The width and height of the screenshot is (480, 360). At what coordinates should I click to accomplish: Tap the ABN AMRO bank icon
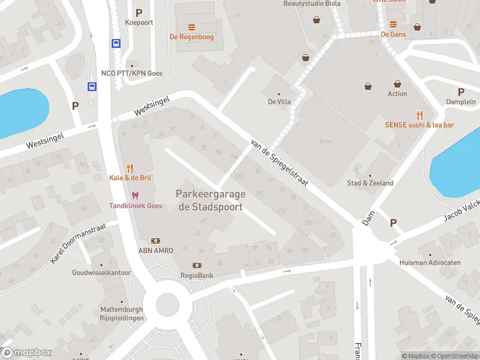pyautogui.click(x=155, y=241)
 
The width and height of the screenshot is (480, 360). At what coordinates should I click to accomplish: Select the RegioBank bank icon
pyautogui.click(x=197, y=265)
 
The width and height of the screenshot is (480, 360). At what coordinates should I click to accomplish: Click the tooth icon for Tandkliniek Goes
pyautogui.click(x=135, y=196)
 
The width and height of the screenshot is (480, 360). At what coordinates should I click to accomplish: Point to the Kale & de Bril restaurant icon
pyautogui.click(x=130, y=168)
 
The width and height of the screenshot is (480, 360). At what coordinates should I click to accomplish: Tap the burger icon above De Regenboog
pyautogui.click(x=191, y=27)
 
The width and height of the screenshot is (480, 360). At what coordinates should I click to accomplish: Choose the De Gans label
pyautogui.click(x=393, y=34)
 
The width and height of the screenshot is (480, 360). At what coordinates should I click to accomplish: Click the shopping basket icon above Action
pyautogui.click(x=397, y=85)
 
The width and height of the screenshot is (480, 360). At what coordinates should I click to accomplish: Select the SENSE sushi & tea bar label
pyautogui.click(x=419, y=125)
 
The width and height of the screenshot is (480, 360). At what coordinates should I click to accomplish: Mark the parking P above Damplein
pyautogui.click(x=461, y=92)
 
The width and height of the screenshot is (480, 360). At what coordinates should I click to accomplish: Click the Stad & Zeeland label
pyautogui.click(x=370, y=183)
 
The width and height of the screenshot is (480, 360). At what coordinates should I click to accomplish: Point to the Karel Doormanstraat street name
pyautogui.click(x=78, y=243)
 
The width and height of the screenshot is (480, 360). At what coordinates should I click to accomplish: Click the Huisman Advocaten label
pyautogui.click(x=430, y=263)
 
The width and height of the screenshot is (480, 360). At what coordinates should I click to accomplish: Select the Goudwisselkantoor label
pyautogui.click(x=101, y=272)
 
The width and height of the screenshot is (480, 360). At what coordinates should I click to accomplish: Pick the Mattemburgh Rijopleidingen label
pyautogui.click(x=122, y=314)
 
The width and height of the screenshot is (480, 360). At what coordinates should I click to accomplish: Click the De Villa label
pyautogui.click(x=279, y=101)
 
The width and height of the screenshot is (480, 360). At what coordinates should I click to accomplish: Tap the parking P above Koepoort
pyautogui.click(x=139, y=13)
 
